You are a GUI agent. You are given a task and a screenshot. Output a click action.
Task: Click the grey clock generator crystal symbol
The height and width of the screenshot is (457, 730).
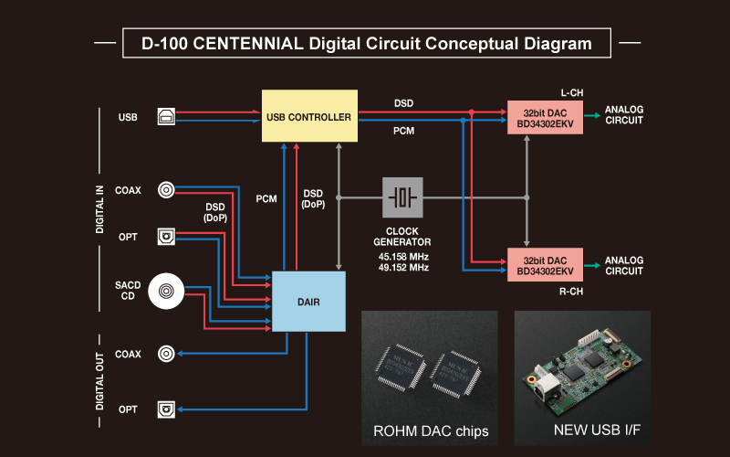(402, 197)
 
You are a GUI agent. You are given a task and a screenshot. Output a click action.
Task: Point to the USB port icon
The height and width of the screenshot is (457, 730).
(167, 116)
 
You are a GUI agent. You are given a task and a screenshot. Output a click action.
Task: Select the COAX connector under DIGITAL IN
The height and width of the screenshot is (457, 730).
(167, 189)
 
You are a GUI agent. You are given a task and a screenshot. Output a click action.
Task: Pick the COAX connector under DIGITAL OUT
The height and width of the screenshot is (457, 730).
(167, 354)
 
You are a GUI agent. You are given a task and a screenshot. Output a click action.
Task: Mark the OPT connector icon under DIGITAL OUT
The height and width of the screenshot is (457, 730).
(167, 408)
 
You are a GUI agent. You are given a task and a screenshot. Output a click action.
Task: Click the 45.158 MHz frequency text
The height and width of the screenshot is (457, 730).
(403, 256)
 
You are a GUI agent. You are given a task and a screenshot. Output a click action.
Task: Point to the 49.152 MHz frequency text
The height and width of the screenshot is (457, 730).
(403, 268)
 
